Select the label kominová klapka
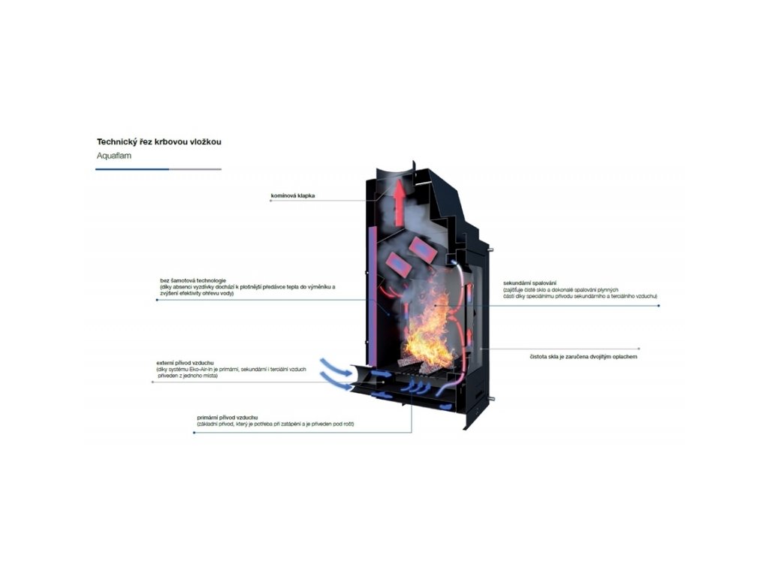293,196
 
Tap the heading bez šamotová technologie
193,279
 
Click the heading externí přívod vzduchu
185,363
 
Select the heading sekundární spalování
529,283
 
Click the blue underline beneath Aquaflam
132,169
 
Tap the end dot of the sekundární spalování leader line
659,306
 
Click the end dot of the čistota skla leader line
639,349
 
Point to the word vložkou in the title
205,141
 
